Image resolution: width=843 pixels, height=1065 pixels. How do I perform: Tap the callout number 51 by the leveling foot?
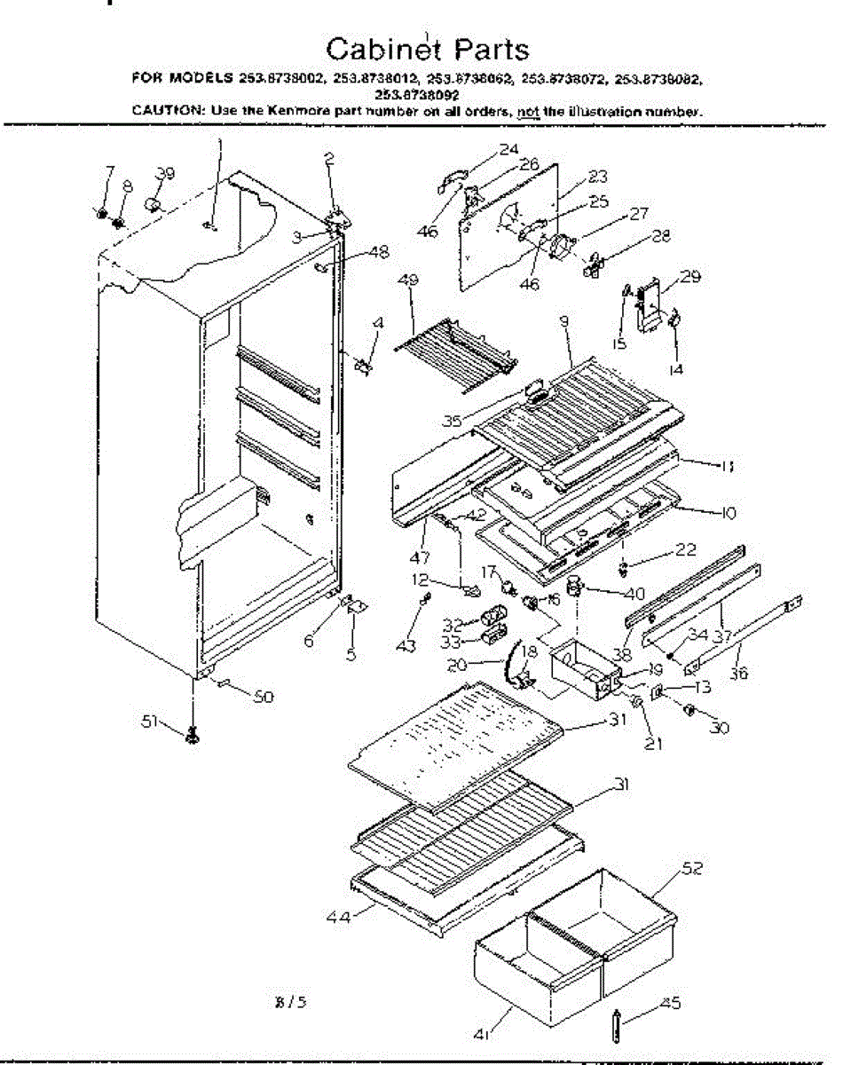pyautogui.click(x=151, y=722)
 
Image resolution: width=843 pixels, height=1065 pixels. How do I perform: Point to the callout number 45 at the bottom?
pyautogui.click(x=671, y=1004)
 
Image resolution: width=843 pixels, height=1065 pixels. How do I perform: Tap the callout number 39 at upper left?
pyautogui.click(x=166, y=172)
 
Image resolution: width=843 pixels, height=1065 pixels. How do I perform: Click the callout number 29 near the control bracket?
pyautogui.click(x=690, y=277)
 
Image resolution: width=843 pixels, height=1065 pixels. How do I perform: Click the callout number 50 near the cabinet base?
pyautogui.click(x=263, y=697)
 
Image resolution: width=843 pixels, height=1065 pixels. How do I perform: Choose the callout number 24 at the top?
pyautogui.click(x=508, y=149)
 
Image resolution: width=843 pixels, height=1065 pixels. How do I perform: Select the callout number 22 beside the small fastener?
pyautogui.click(x=685, y=550)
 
